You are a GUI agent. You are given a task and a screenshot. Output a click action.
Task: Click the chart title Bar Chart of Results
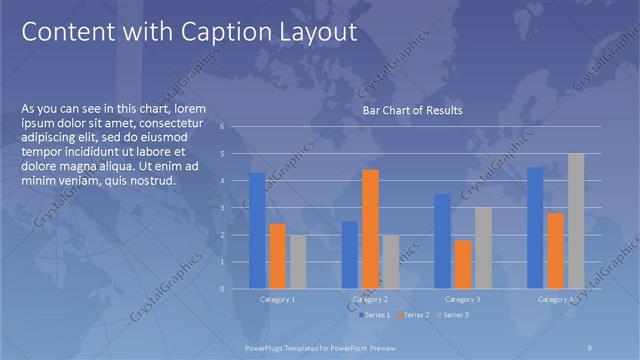(x=412, y=110)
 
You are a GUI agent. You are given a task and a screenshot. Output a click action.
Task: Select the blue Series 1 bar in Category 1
(x=257, y=230)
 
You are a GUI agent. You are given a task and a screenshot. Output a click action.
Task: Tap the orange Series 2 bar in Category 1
(x=278, y=256)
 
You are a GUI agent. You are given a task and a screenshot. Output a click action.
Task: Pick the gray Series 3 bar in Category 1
(x=298, y=262)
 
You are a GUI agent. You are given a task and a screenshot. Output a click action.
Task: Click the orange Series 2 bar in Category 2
(x=370, y=229)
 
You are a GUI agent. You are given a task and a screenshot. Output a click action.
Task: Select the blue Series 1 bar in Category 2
(x=350, y=255)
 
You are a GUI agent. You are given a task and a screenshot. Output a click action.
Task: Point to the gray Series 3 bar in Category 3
(x=483, y=248)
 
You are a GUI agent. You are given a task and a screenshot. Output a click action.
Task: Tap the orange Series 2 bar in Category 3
(x=462, y=264)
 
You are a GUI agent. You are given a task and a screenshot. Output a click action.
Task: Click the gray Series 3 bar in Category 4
(x=575, y=221)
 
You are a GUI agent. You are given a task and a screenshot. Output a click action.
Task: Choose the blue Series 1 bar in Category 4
(x=535, y=228)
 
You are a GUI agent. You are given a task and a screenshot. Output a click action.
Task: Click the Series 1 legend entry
(x=375, y=315)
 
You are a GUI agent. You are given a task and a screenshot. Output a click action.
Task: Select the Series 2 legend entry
(x=414, y=315)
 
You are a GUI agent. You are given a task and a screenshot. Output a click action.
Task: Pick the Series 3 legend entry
(x=452, y=315)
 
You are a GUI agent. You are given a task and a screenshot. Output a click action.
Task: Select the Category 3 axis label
(x=462, y=299)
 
